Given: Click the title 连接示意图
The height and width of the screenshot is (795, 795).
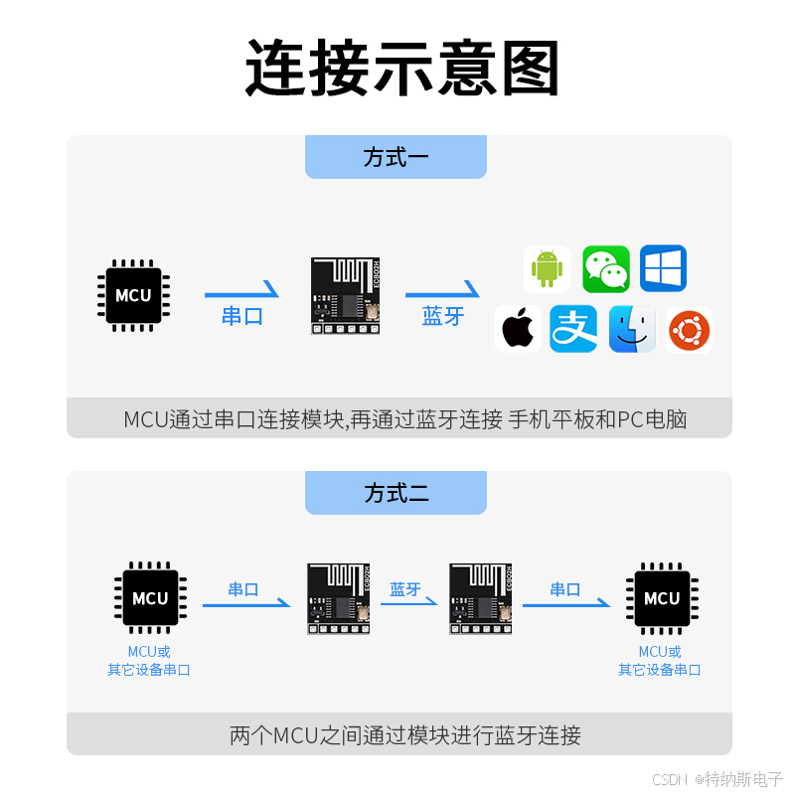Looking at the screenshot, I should (x=402, y=68).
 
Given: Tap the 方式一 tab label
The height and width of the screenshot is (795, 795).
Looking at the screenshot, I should (x=396, y=157).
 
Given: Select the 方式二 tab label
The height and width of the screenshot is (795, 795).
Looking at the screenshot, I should (x=396, y=493).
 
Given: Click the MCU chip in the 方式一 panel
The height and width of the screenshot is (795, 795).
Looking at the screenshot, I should (x=133, y=295).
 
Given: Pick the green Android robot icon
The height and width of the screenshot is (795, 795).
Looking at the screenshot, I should (x=547, y=268).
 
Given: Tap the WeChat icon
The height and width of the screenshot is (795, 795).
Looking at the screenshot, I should (x=605, y=268).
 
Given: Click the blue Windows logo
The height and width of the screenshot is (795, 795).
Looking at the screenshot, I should (x=663, y=268).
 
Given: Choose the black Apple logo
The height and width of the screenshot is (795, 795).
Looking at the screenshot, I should (x=518, y=329).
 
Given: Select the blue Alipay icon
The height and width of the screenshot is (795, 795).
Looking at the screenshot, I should (x=573, y=329).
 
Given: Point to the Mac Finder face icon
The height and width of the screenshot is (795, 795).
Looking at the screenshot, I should (x=632, y=329).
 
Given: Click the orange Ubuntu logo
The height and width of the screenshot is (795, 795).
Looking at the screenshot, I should (x=689, y=330).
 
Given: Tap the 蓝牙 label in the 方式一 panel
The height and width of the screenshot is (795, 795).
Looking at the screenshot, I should (x=443, y=317).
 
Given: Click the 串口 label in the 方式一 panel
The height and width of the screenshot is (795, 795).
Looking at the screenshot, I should (x=242, y=317).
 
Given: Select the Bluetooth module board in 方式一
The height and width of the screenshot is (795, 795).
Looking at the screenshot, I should (x=345, y=295).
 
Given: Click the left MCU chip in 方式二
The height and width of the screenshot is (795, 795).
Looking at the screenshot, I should (x=150, y=598).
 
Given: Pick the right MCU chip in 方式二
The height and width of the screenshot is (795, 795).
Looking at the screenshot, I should (x=661, y=598).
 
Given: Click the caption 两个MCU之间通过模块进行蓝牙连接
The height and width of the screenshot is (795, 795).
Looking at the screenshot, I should (x=404, y=736).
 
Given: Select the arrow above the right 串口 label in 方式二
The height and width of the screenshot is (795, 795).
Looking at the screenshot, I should (x=566, y=603).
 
